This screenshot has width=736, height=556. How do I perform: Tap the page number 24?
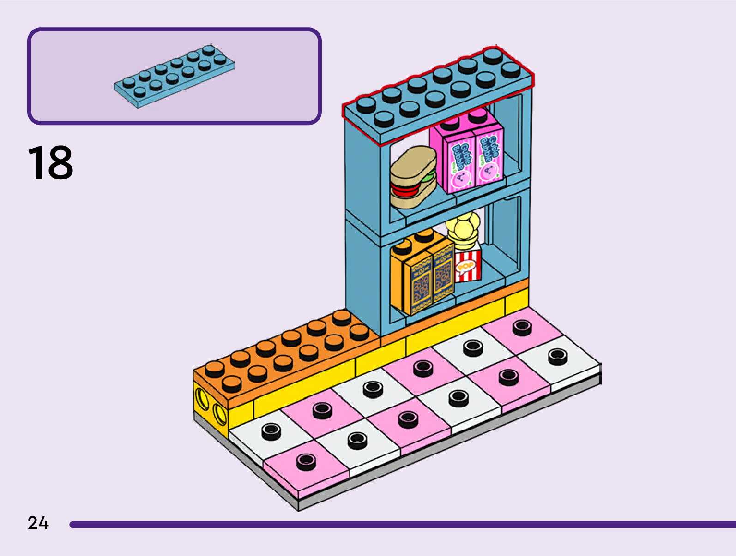click(x=38, y=523)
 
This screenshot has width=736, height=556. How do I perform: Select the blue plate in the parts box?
click(x=174, y=76)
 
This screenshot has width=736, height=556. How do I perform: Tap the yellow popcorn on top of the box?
click(x=462, y=228)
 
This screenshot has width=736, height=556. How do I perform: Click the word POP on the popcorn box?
click(x=465, y=266)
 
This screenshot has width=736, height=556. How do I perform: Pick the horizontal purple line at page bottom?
click(x=402, y=525)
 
